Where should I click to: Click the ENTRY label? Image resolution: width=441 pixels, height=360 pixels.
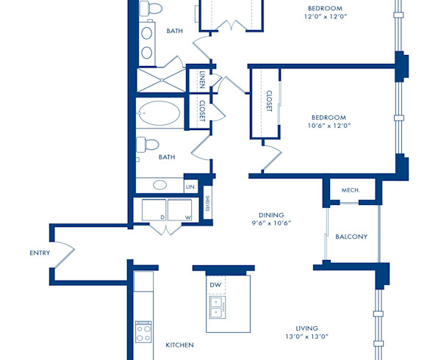pos(40,253)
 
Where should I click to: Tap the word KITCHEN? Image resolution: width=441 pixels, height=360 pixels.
pos(179,345)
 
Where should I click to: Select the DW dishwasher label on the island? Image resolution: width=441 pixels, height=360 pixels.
pos(215,285)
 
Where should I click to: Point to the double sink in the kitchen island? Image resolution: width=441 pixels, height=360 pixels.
pos(216,306)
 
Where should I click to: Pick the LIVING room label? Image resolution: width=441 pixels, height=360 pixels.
pos(307,328)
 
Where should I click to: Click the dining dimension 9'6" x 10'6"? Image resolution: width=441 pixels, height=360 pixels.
pos(271,223)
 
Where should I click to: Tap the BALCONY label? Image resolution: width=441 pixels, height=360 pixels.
pos(351,237)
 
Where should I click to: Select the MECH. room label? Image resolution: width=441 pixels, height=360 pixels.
pos(351,190)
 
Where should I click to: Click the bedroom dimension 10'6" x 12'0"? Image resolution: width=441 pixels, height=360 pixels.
pos(329,126)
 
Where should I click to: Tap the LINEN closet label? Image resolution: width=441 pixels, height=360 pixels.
pos(203,79)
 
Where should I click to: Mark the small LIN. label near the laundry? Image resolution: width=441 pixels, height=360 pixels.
pos(190,187)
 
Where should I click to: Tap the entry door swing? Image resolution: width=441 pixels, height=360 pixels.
pos(65,253)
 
